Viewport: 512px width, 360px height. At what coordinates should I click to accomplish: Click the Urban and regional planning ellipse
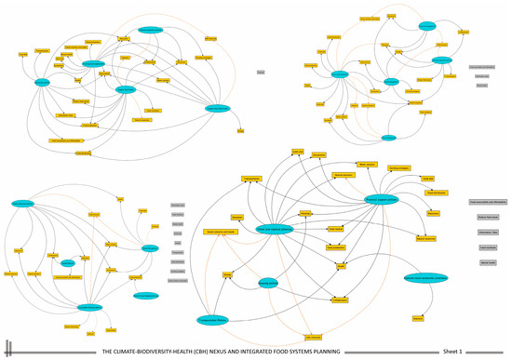(274, 230)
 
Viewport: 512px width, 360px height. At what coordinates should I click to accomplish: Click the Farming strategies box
(399, 167)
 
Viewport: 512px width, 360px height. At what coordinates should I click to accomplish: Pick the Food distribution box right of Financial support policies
(436, 193)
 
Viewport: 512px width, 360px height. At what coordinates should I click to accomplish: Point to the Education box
(237, 218)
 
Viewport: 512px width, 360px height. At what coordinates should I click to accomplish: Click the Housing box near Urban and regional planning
(305, 213)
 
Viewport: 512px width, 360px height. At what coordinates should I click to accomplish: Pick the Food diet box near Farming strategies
(427, 179)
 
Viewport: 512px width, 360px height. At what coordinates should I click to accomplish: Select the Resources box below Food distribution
(433, 214)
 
